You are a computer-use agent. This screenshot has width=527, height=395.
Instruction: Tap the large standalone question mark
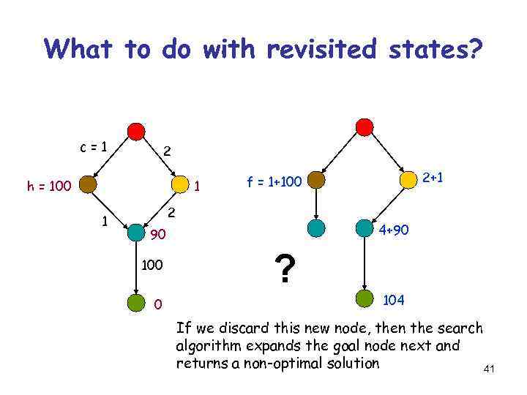(285, 268)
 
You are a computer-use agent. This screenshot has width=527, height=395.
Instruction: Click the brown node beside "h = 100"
(89, 184)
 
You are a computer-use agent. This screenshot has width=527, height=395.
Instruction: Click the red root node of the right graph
(364, 127)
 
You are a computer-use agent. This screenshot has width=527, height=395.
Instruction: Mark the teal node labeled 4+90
(364, 228)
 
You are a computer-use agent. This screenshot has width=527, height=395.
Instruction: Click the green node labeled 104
(365, 298)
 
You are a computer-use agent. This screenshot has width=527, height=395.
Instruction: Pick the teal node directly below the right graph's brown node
(316, 227)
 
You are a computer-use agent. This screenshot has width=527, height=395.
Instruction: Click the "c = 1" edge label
(94, 146)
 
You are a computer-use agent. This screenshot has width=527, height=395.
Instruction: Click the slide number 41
(489, 369)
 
